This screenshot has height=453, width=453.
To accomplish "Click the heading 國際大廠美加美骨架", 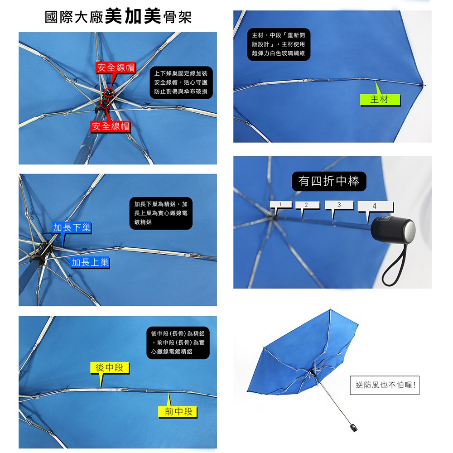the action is click(118, 17).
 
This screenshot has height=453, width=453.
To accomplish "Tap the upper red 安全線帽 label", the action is click(116, 67).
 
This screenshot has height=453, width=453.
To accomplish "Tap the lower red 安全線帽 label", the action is click(111, 126).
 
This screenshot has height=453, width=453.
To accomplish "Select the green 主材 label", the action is click(380, 100).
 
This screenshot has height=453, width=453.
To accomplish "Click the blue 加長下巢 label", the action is click(72, 228).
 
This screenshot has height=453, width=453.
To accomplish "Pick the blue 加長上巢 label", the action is click(90, 262).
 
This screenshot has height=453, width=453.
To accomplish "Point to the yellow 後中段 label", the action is click(110, 368).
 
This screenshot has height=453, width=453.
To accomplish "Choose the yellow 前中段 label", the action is click(178, 412).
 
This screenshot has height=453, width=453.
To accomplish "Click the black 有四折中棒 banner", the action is click(329, 181).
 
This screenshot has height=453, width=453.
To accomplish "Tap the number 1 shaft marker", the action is click(280, 205).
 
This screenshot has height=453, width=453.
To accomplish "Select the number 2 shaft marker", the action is click(307, 205).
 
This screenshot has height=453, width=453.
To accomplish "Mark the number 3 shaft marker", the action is click(339, 205).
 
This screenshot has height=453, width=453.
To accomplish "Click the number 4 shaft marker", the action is click(375, 206).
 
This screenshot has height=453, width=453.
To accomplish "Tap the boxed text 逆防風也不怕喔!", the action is click(385, 385).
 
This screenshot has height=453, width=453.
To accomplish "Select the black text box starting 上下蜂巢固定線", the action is click(181, 82).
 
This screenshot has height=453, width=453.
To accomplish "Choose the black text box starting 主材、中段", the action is click(279, 44).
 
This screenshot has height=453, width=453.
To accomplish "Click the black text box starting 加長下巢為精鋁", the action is click(161, 213).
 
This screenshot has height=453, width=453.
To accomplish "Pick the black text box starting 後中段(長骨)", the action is click(178, 342).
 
